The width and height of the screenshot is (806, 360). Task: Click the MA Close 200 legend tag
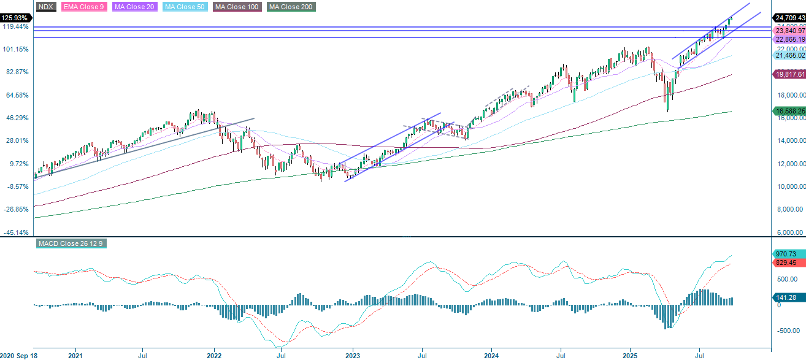point(291,7)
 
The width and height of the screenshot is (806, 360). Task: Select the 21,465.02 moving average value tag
point(789,55)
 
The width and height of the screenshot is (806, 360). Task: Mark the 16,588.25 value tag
point(789,111)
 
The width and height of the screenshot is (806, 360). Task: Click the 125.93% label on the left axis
point(16,17)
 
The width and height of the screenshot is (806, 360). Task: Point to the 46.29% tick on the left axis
point(17,118)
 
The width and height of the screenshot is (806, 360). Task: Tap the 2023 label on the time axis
point(353,355)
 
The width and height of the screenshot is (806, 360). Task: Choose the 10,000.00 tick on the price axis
point(790,186)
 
